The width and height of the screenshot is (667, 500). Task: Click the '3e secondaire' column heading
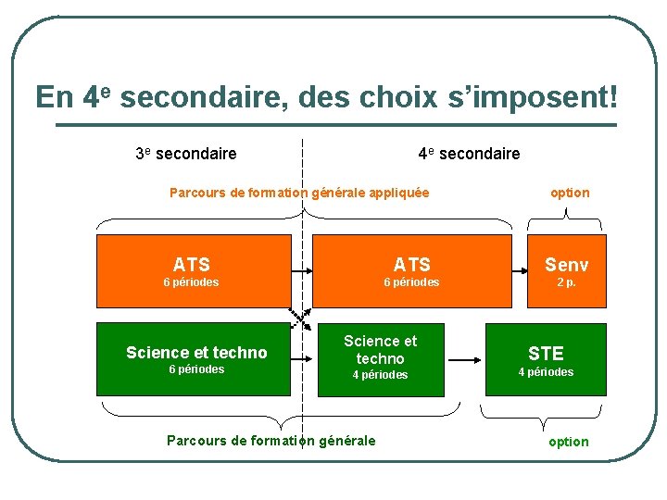(x=186, y=154)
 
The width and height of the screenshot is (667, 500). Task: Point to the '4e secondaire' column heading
(x=469, y=154)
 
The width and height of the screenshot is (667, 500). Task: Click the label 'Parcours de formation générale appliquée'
(x=299, y=193)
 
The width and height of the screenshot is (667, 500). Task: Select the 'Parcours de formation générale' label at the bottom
(x=271, y=441)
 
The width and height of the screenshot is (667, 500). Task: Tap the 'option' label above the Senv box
(x=570, y=193)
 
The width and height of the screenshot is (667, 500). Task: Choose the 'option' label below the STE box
(x=569, y=442)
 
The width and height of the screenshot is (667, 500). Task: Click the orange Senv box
(x=566, y=270)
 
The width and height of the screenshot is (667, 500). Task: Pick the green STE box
(x=546, y=359)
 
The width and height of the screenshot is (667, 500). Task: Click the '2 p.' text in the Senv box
(x=566, y=282)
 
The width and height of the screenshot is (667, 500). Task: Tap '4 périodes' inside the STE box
(x=546, y=372)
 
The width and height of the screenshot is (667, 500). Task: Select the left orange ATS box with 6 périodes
(x=194, y=270)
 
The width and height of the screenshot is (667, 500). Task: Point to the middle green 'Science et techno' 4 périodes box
(x=380, y=359)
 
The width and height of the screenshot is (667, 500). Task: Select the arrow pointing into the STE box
(x=469, y=352)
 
